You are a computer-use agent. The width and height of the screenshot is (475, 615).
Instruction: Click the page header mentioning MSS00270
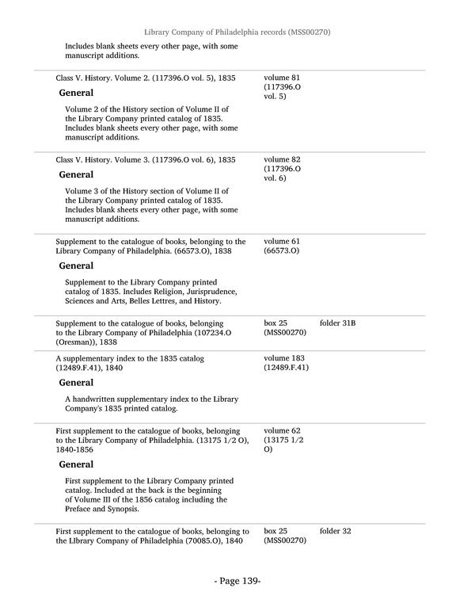[x=237, y=32]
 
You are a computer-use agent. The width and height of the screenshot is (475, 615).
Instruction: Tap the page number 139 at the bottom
[x=237, y=581]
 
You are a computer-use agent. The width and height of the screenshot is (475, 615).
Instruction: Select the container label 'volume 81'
[x=282, y=78]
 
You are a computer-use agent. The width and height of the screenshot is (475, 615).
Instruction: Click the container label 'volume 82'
[x=282, y=159]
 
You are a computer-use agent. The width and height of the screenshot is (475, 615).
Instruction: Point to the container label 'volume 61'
[x=282, y=241]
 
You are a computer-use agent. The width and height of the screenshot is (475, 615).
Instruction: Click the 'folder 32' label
[x=335, y=531]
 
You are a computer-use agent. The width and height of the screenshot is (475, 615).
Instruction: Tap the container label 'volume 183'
[x=284, y=358]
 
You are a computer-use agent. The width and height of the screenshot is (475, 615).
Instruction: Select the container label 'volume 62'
[x=282, y=430]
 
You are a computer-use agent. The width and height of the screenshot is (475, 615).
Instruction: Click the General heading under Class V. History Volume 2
[x=76, y=94]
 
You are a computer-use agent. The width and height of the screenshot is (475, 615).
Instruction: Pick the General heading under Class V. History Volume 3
[x=76, y=174]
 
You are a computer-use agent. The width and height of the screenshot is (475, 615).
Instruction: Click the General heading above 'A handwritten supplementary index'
[x=76, y=382]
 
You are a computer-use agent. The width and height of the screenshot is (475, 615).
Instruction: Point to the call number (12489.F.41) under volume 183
[x=286, y=368]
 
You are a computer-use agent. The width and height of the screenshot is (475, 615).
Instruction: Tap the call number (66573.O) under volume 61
[x=281, y=251]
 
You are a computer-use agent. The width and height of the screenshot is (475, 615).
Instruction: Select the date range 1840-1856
[x=74, y=449]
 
